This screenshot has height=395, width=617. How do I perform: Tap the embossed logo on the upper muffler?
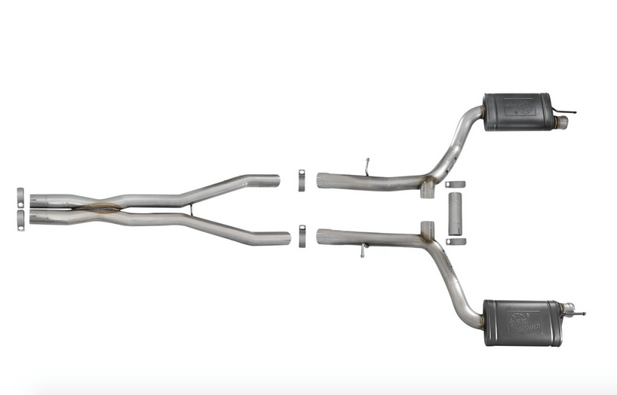pyautogui.click(x=518, y=106)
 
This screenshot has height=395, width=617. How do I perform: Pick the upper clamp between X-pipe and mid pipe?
pyautogui.click(x=301, y=181)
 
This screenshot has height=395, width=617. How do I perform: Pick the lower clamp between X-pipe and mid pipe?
pyautogui.click(x=301, y=235)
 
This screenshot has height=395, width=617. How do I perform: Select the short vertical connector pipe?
pyautogui.click(x=455, y=213)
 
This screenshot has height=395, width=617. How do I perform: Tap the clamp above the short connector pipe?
pyautogui.click(x=455, y=185)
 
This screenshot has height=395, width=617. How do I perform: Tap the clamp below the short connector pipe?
pyautogui.click(x=455, y=241)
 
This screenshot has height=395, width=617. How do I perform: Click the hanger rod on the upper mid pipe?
pyautogui.click(x=367, y=166)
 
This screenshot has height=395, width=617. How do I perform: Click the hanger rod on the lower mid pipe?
pyautogui.click(x=364, y=251)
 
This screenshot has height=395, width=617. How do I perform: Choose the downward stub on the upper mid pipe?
pyautogui.click(x=427, y=189)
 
